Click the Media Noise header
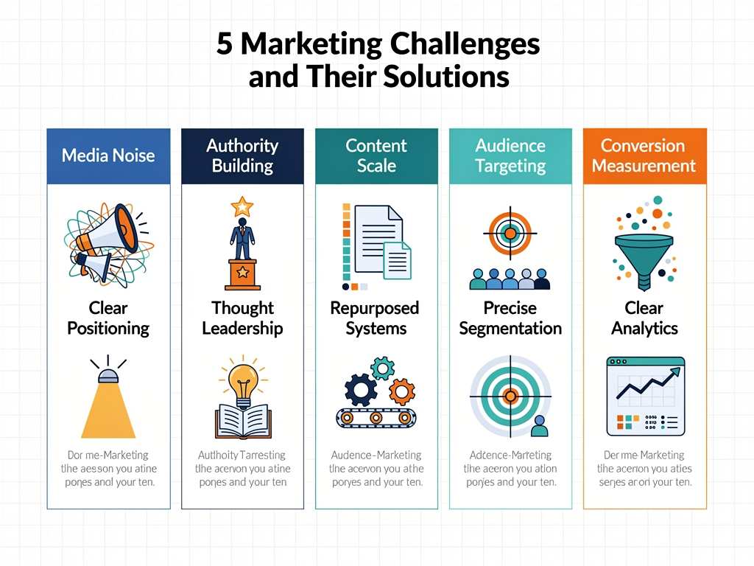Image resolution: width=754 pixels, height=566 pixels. (108, 156)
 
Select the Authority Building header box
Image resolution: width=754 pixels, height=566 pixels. (242, 156)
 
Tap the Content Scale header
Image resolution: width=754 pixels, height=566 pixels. (376, 156)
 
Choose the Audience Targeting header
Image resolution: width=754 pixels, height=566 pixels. (510, 156)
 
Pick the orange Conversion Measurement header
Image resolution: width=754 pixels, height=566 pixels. (644, 156)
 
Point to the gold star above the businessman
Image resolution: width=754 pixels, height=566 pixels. (242, 206)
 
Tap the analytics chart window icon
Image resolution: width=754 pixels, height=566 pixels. (645, 396)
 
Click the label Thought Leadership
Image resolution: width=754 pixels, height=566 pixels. (242, 318)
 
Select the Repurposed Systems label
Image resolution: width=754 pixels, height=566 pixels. (376, 318)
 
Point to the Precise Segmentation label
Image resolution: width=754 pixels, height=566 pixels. (510, 318)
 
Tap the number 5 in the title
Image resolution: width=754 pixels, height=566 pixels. (224, 45)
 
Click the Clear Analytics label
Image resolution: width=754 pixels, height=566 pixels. (644, 318)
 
